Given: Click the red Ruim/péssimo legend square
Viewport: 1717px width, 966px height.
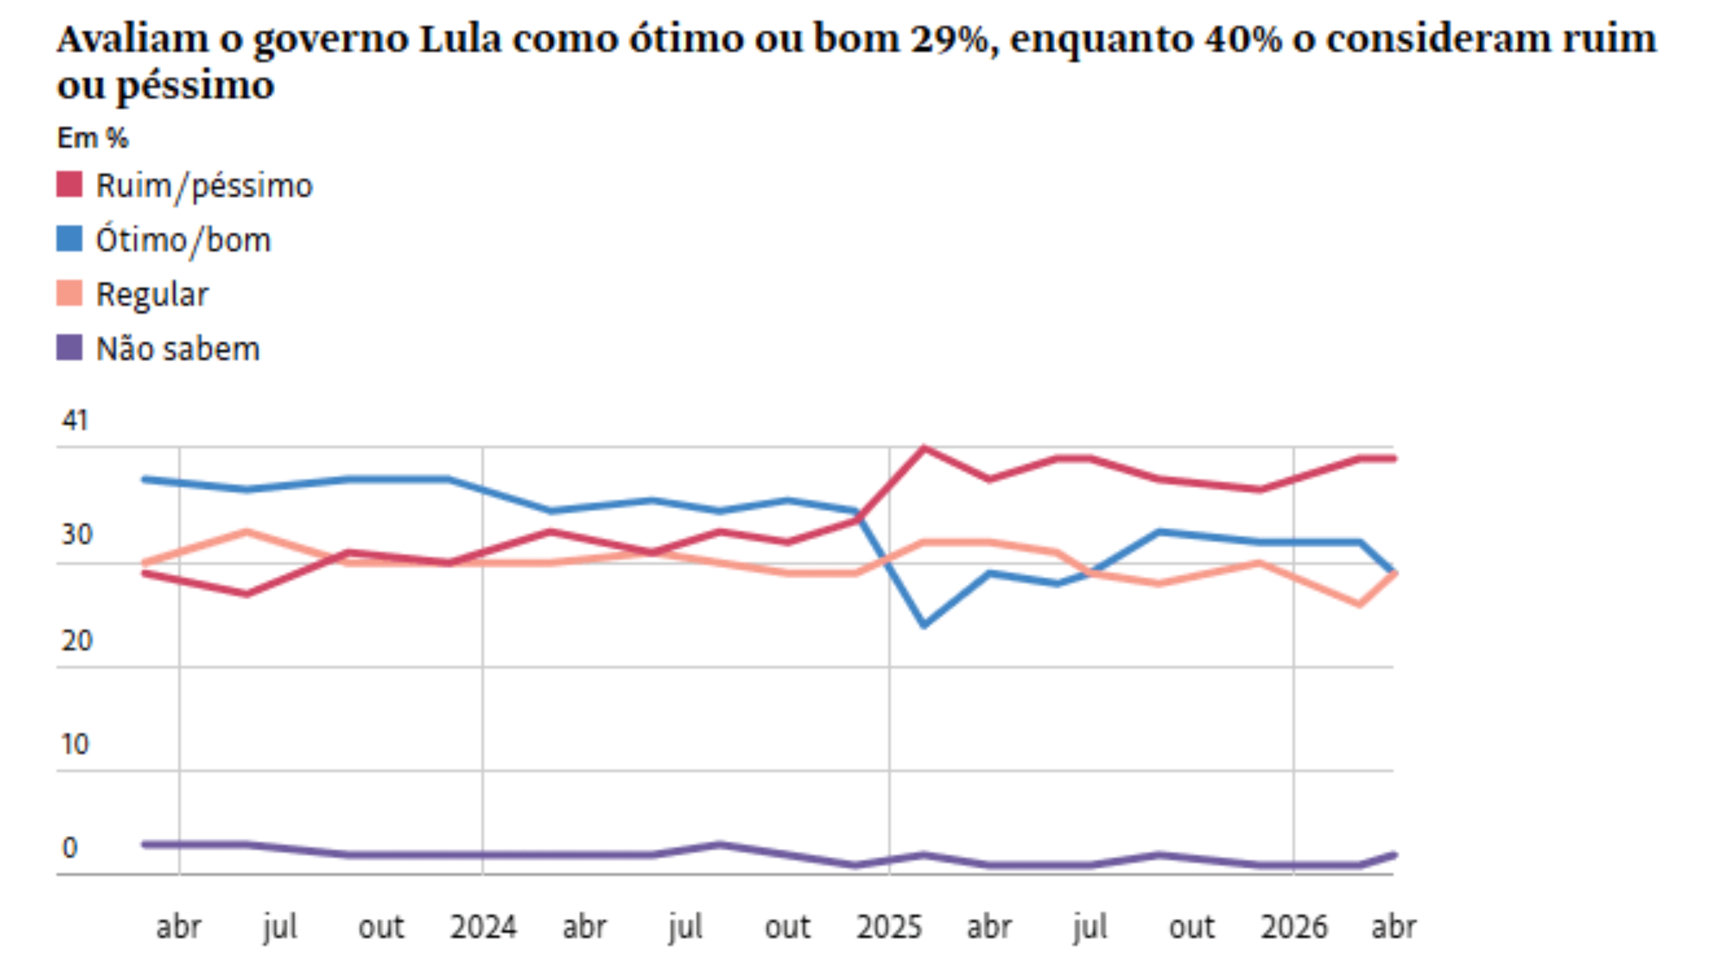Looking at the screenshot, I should (x=69, y=185).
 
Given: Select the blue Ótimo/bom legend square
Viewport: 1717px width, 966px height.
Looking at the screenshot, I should (x=69, y=239).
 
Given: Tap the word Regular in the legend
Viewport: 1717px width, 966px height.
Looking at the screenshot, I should (x=152, y=295).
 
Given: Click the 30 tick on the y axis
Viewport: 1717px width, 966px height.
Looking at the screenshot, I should (x=76, y=535).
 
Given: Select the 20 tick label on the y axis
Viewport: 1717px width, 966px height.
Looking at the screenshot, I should (x=76, y=641).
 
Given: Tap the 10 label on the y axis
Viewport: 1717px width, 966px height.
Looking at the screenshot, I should (x=75, y=744).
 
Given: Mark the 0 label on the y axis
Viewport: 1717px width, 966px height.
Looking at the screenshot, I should (x=69, y=848).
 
